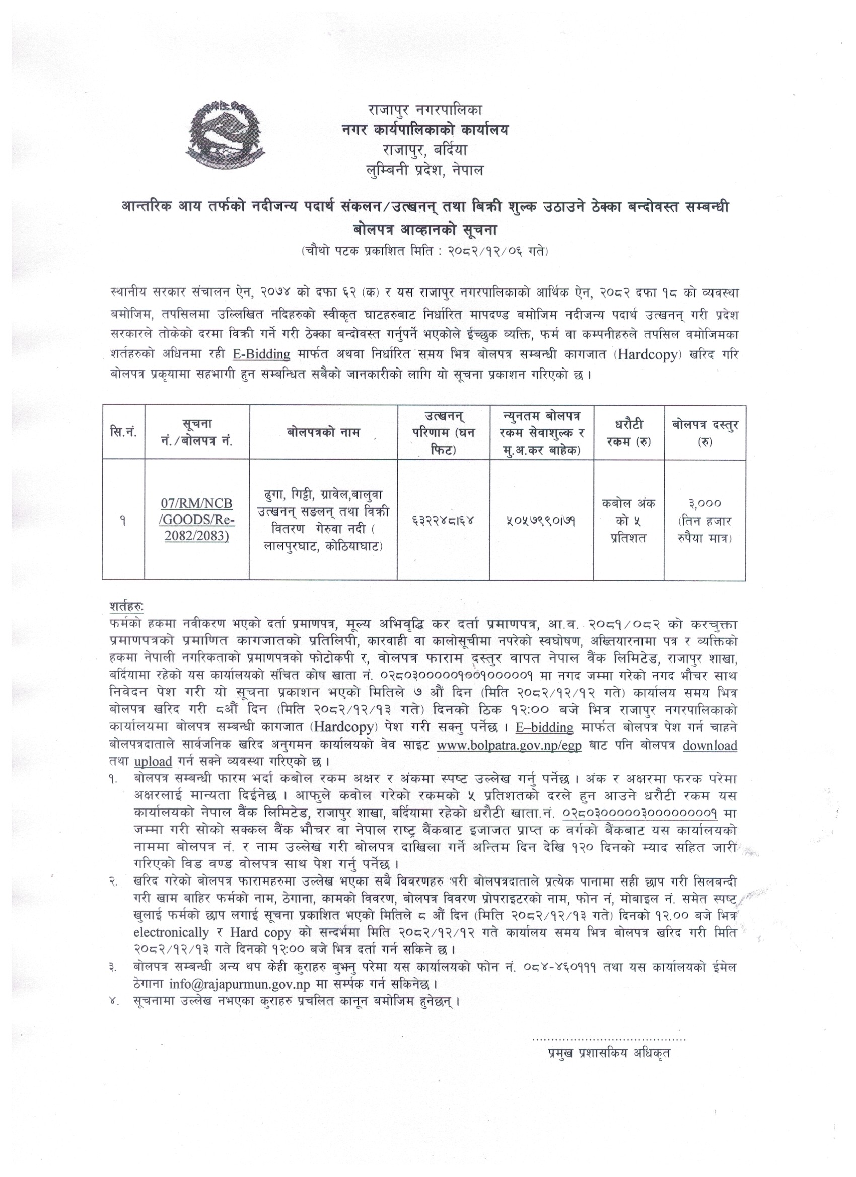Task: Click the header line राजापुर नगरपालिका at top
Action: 424,110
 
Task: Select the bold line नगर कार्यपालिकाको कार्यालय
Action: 424,130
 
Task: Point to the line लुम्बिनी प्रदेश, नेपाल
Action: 424,170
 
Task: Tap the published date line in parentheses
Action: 424,251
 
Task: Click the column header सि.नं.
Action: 123,432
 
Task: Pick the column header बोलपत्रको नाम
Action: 323,432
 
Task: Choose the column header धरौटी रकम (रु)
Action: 628,432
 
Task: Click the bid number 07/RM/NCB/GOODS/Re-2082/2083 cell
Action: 197,520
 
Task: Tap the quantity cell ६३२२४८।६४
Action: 443,519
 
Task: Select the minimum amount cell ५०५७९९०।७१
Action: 541,519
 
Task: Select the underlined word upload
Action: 153,762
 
